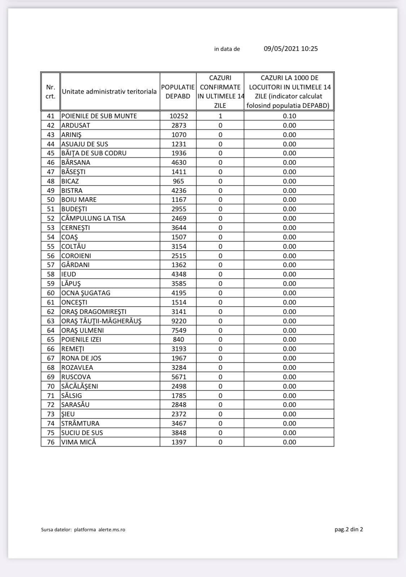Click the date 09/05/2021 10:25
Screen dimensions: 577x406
(291, 49)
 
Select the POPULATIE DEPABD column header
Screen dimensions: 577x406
(178, 92)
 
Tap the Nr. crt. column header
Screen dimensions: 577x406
(51, 92)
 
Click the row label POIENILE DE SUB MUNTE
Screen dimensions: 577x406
(99, 116)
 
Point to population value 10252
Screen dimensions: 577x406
(179, 116)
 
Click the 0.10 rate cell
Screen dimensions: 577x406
(289, 116)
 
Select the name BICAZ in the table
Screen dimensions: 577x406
(70, 181)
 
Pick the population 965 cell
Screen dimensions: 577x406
(178, 181)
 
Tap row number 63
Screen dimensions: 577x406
(51, 321)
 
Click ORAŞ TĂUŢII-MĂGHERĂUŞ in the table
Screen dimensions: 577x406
(101, 321)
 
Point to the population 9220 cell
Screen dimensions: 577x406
(179, 321)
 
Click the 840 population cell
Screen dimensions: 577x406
(178, 339)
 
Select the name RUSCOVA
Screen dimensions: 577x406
(76, 377)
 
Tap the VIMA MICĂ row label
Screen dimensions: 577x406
(79, 442)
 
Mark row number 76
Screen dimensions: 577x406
(51, 442)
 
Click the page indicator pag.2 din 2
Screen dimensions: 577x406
(349, 529)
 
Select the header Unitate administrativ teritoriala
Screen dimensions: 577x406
(109, 92)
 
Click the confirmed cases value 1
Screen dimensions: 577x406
(220, 116)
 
